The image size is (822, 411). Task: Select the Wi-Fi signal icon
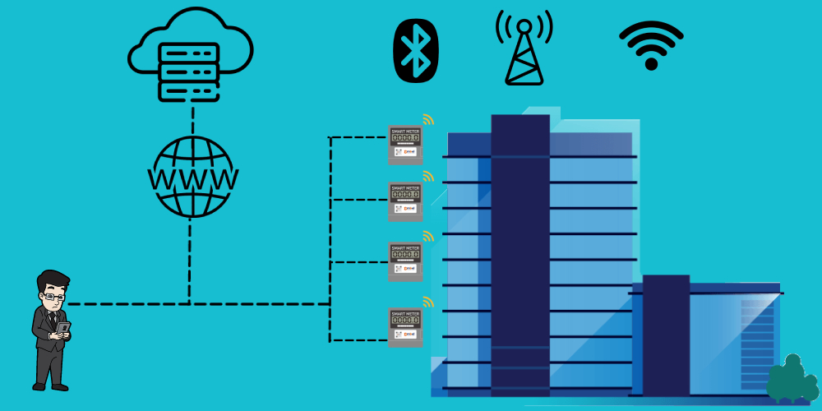(651, 44)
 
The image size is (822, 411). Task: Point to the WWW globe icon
(192, 177)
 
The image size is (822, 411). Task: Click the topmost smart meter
(404, 144)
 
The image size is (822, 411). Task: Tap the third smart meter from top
(404, 261)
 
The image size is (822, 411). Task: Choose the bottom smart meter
(404, 326)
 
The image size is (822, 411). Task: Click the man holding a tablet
(51, 329)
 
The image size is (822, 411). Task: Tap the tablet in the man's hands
(63, 328)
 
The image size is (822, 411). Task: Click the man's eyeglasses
(52, 296)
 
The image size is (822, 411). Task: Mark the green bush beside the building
(792, 380)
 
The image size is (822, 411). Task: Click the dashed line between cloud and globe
(192, 118)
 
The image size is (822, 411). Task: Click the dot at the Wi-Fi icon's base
(651, 63)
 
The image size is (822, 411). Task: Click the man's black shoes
(49, 386)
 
